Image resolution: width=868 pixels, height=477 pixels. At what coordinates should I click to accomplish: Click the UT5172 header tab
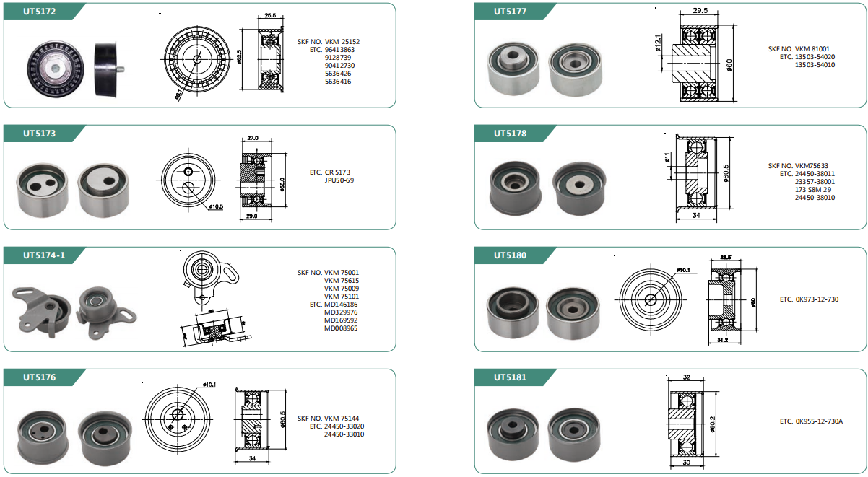click(x=40, y=11)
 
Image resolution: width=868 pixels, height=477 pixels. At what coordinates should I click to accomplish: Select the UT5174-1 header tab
click(x=44, y=255)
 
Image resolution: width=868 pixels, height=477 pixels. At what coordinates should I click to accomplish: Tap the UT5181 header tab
click(x=510, y=377)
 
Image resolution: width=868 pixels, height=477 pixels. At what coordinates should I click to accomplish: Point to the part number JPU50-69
click(x=339, y=180)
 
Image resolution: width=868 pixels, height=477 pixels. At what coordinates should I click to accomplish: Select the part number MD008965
click(x=341, y=328)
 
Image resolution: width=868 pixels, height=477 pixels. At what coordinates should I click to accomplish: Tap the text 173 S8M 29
click(x=813, y=190)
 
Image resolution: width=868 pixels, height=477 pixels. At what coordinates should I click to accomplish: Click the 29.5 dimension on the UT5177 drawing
click(x=699, y=11)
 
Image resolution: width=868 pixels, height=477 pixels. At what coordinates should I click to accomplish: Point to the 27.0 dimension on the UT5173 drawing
click(x=253, y=137)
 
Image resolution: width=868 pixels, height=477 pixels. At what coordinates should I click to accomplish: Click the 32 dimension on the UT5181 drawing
click(x=686, y=377)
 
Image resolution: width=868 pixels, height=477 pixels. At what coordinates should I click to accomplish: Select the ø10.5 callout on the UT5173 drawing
click(x=216, y=207)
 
